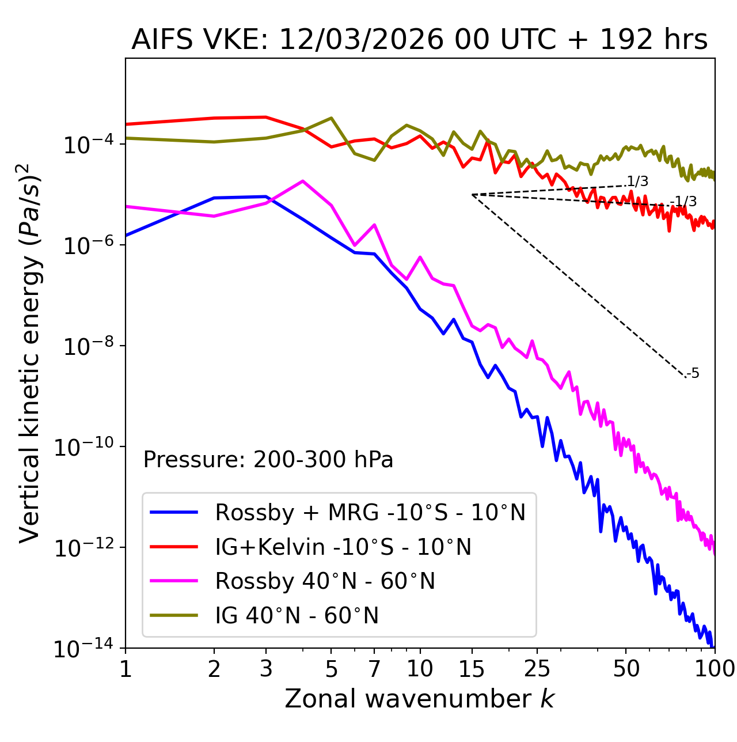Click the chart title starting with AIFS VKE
pyautogui.click(x=419, y=40)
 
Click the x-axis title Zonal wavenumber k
pyautogui.click(x=419, y=699)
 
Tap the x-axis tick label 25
pyautogui.click(x=537, y=669)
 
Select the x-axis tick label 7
pyautogui.click(x=374, y=669)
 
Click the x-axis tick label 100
pyautogui.click(x=714, y=669)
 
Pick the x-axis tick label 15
pyautogui.click(x=472, y=669)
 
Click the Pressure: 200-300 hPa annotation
pyautogui.click(x=268, y=460)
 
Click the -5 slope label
pyautogui.click(x=694, y=373)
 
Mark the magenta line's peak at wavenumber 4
pyautogui.click(x=302, y=181)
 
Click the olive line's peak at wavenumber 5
pyautogui.click(x=331, y=118)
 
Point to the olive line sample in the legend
pyautogui.click(x=174, y=616)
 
